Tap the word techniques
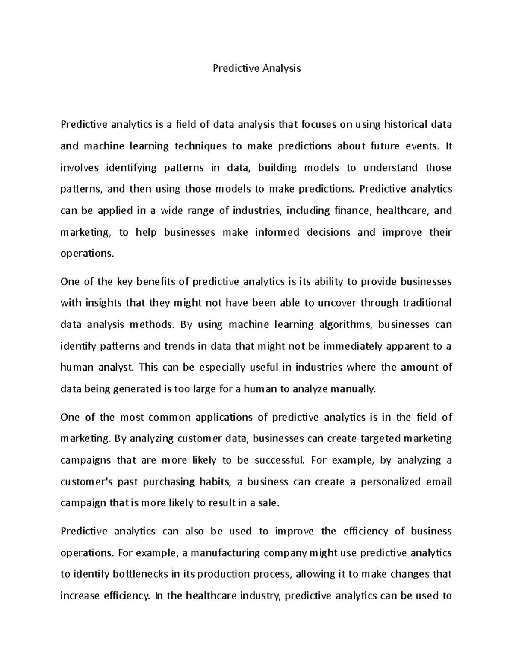pyautogui.click(x=200, y=146)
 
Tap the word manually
pyautogui.click(x=354, y=389)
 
